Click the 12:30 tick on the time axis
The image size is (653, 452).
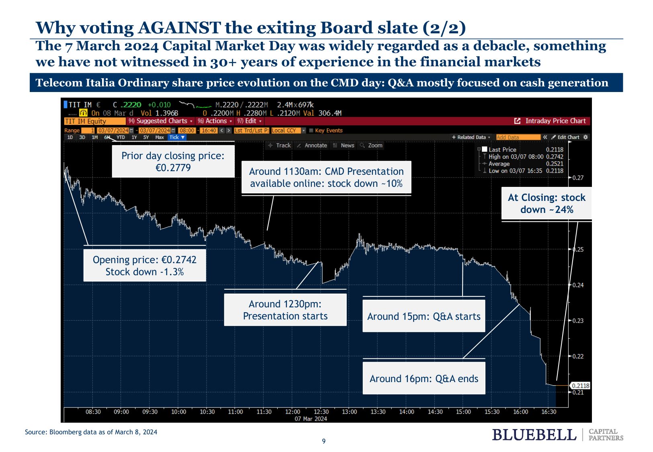tap(321, 412)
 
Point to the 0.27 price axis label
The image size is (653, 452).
tap(578, 178)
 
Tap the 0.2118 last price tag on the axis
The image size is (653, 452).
tap(580, 386)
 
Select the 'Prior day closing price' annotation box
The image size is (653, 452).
tap(173, 162)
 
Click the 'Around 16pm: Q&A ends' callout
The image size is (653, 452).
tap(424, 378)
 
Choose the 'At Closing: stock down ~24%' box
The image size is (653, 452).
tap(547, 203)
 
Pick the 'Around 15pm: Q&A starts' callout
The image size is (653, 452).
tap(424, 316)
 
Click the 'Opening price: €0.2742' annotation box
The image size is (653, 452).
tap(145, 266)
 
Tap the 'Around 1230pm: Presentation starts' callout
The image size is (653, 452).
tap(285, 310)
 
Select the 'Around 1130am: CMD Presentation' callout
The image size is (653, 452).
tap(326, 177)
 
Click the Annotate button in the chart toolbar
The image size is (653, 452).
tap(315, 145)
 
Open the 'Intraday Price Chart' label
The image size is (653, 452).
tap(555, 121)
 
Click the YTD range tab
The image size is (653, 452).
tap(121, 137)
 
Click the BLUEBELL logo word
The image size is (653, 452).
tap(534, 435)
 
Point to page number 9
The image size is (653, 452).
tap(324, 441)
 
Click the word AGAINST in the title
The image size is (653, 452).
tap(179, 28)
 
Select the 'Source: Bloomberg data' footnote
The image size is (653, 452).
tap(91, 432)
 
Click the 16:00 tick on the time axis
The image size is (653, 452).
tap(520, 412)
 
